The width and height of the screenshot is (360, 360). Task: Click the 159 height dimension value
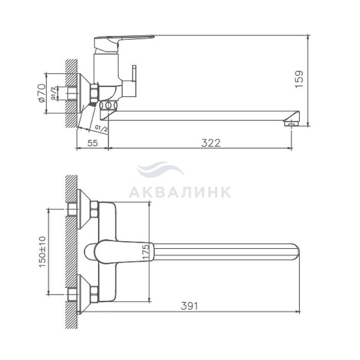point(299,79)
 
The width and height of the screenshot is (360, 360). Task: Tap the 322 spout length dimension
point(211,143)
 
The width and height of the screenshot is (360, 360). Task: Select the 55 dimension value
point(93,143)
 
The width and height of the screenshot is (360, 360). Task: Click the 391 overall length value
point(189,306)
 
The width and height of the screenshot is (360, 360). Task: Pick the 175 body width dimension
point(146,251)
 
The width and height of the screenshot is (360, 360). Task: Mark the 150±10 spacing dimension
point(42,252)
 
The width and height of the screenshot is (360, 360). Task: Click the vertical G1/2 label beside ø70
point(53,93)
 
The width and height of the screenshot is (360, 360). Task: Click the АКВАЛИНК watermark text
point(180,192)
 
